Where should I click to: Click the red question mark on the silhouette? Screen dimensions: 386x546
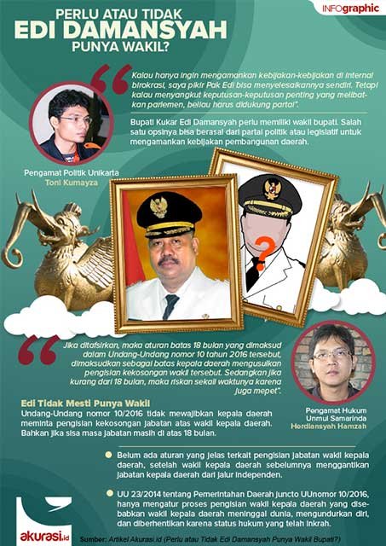point(267,249)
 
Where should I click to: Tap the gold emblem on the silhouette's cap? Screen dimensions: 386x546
point(272,186)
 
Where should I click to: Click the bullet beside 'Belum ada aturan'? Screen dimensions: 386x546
point(108,455)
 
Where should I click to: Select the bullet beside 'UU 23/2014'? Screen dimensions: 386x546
point(108,493)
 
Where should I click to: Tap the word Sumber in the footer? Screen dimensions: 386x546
point(96,539)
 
